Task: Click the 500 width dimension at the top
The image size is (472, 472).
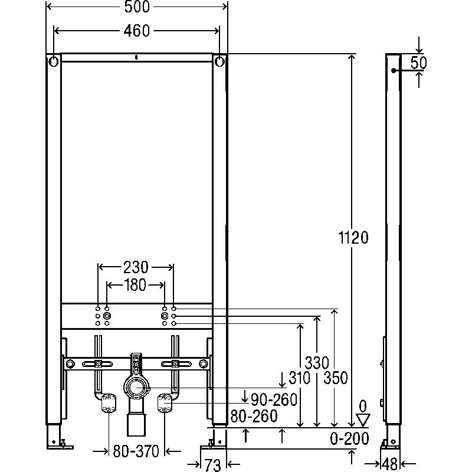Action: (x=137, y=6)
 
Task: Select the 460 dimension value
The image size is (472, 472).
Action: (x=137, y=31)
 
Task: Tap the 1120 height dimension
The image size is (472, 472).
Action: (x=353, y=238)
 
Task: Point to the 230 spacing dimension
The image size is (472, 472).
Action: (x=136, y=267)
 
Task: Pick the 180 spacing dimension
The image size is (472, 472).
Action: (x=135, y=285)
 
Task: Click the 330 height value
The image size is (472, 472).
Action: (x=317, y=363)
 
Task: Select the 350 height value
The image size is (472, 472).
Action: (x=336, y=378)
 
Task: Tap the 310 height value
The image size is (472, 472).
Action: (x=299, y=378)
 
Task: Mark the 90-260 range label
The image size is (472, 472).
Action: (x=274, y=400)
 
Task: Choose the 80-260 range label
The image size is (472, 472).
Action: (x=254, y=416)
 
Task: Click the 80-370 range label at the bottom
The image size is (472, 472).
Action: (x=136, y=451)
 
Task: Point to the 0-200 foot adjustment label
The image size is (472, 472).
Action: (x=349, y=438)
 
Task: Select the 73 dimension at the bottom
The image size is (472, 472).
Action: (x=213, y=465)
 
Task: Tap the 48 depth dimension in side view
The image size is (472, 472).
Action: (x=389, y=464)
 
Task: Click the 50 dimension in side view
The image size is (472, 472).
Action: (x=419, y=63)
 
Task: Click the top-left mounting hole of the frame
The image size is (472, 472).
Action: (x=53, y=62)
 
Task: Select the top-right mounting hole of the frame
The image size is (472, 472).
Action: (x=219, y=62)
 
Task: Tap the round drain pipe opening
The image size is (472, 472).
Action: (x=137, y=388)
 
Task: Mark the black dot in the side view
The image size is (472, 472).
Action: (x=394, y=71)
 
